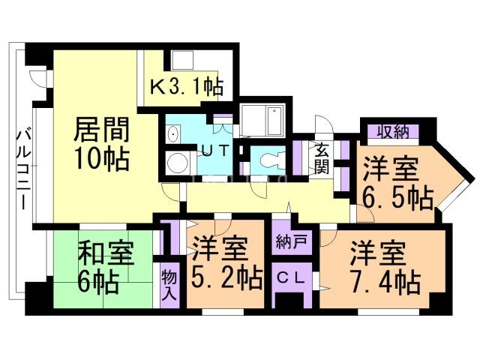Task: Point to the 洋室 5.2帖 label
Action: coord(224,262)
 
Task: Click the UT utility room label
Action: coord(212,148)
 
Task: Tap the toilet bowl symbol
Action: coord(268,159)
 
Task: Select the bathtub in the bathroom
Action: coord(262,118)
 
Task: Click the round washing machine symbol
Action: coord(178,163)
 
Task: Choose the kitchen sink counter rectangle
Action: coord(183,60)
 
